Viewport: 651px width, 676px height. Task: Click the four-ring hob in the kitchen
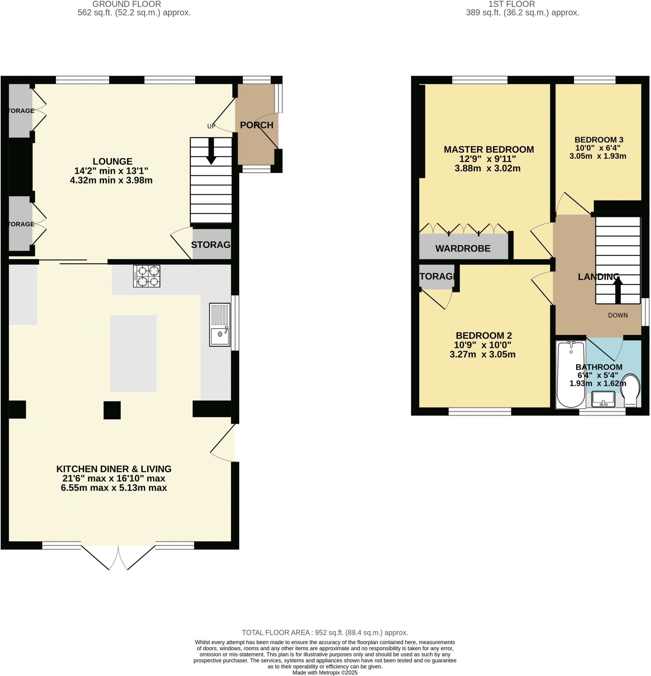146,276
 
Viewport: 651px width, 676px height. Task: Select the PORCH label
256,125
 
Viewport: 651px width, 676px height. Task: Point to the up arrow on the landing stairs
617,291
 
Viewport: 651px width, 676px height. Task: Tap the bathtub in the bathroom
571,374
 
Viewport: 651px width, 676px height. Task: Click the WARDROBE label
463,248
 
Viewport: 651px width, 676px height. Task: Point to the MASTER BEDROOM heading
489,149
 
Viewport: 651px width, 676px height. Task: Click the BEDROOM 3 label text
599,140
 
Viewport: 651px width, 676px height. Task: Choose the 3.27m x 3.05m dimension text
482,354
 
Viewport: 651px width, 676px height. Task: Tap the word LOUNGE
113,161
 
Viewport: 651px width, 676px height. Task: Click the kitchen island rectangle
133,353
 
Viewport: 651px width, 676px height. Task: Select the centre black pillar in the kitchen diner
112,410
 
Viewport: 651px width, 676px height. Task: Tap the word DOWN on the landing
618,315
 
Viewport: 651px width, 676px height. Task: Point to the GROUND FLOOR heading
127,4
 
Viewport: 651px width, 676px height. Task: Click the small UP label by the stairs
211,126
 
